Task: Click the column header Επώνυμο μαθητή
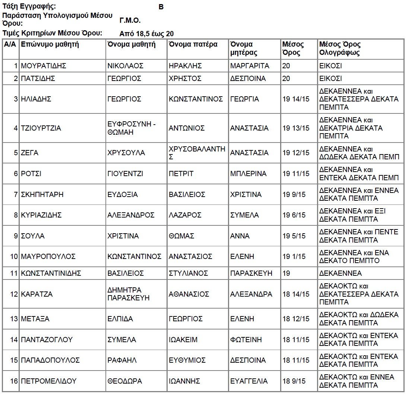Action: (50, 44)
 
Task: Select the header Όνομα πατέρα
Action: (193, 44)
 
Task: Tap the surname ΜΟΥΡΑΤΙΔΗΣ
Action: (44, 66)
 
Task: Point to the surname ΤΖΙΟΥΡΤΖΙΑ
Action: (41, 128)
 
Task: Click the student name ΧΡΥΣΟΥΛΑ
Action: (126, 153)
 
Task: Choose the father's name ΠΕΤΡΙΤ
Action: (181, 174)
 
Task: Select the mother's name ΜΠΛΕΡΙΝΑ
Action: (248, 174)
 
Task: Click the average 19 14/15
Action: (296, 99)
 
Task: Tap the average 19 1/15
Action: (294, 257)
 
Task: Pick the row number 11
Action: (14, 274)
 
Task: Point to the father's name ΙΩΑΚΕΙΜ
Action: (183, 340)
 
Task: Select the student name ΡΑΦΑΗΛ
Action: (122, 360)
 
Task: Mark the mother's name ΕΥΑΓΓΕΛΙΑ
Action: (249, 381)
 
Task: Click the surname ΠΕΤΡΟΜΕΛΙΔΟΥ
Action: (49, 381)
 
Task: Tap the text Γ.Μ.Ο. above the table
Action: (130, 21)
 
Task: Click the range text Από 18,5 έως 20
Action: (146, 34)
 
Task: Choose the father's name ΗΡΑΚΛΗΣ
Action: (185, 66)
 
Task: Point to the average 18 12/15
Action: (296, 319)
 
